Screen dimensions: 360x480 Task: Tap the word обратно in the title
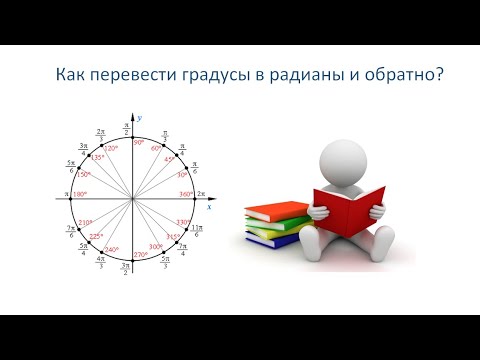coord(406,76)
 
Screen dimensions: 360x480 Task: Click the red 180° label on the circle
coord(80,194)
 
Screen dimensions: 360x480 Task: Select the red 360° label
coord(186,194)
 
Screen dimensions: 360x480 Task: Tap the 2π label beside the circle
coord(201,193)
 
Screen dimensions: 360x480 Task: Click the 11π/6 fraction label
coord(195,229)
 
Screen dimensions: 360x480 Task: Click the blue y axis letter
coord(139,119)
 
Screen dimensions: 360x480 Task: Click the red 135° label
coord(98,158)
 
